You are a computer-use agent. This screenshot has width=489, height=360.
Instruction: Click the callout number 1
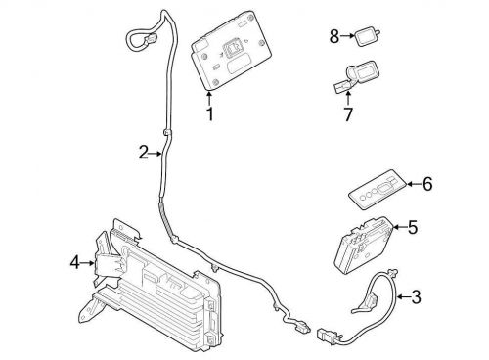[209, 114]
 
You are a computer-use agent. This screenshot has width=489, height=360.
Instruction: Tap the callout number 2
[143, 153]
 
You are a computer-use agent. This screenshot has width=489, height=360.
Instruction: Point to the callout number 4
[74, 262]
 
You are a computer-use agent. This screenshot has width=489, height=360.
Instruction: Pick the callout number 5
[412, 227]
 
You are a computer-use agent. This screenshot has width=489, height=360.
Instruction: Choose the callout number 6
[426, 183]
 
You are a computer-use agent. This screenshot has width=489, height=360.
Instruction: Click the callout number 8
[333, 36]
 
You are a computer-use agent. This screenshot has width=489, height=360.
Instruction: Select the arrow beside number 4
[89, 262]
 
